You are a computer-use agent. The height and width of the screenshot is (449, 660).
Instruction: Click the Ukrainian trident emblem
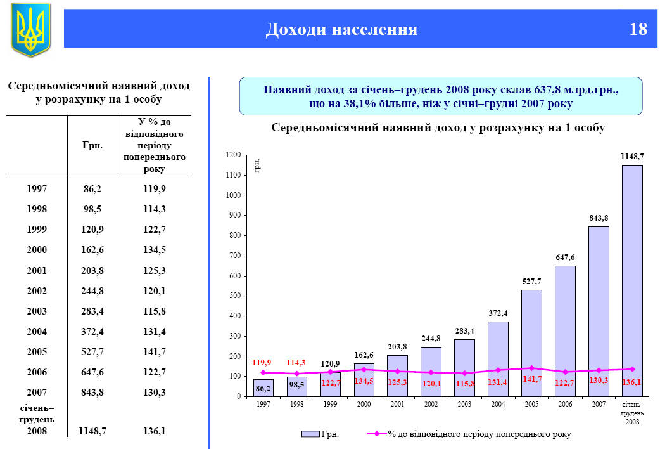coord(30,29)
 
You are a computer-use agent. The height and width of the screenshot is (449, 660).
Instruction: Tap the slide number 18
coord(638,29)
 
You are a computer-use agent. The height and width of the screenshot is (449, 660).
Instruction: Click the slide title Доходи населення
coord(341,29)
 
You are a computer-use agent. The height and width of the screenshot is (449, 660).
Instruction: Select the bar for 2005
coord(531,342)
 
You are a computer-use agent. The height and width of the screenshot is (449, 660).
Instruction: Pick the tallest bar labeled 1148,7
coord(632,279)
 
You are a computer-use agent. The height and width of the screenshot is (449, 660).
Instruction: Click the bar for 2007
coord(599,311)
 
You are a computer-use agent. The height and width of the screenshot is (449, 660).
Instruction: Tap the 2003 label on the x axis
coord(464,404)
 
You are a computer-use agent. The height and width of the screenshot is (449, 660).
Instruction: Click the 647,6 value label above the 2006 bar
coord(565,257)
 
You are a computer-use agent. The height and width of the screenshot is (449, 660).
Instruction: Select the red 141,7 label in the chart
coord(531,379)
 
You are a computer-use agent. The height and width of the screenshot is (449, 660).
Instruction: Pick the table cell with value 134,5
coord(155,250)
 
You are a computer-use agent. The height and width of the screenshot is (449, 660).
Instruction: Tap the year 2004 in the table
coord(37,331)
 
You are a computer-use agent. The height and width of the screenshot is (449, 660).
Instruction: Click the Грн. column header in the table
coord(92,145)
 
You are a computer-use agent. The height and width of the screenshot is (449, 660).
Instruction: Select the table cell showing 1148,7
coord(92,431)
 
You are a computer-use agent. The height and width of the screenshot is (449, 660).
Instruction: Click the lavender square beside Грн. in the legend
coord(310,434)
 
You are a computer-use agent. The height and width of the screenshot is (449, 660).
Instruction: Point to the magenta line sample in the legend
coord(376,434)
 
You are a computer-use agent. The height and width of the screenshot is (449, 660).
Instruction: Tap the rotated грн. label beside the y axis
coord(258,167)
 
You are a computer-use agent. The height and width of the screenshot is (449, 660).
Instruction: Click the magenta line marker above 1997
coord(263,372)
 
